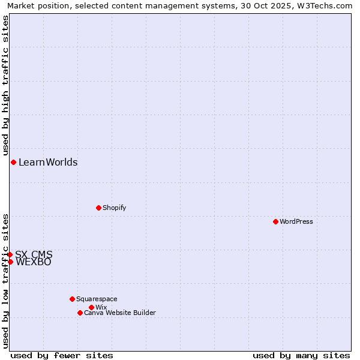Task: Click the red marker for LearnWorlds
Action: (x=13, y=162)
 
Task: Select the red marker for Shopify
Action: (x=98, y=208)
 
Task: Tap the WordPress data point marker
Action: (x=275, y=221)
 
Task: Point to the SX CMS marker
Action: (x=10, y=254)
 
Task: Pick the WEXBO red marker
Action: (x=10, y=262)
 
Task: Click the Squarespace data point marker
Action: (x=72, y=299)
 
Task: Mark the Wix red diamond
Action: (x=91, y=307)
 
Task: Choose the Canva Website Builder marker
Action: (x=80, y=313)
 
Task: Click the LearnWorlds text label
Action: (x=48, y=162)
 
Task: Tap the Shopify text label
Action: (x=114, y=208)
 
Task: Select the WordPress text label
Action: (x=296, y=221)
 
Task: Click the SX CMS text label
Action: (x=34, y=254)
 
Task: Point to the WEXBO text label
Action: (x=34, y=262)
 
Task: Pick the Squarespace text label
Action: (x=97, y=299)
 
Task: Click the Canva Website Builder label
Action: (x=119, y=313)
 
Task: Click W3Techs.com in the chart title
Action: (x=327, y=5)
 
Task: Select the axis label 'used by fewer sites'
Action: (x=62, y=355)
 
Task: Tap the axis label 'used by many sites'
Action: (x=301, y=355)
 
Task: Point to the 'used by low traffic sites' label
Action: (x=5, y=281)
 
